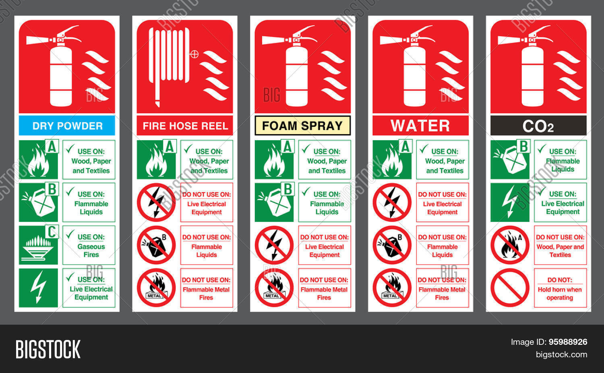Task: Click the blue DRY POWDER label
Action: pyautogui.click(x=67, y=125)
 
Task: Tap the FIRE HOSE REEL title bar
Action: pyautogui.click(x=185, y=125)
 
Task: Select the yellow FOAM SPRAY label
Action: pyautogui.click(x=302, y=125)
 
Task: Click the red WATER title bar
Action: pyautogui.click(x=420, y=125)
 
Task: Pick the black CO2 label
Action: pyautogui.click(x=538, y=125)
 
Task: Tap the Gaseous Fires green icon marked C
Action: pyautogui.click(x=39, y=245)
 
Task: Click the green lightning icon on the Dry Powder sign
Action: pyautogui.click(x=38, y=288)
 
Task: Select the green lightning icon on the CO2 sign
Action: pyautogui.click(x=510, y=202)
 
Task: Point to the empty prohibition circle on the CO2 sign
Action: pyautogui.click(x=510, y=288)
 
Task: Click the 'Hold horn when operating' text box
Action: pyautogui.click(x=561, y=288)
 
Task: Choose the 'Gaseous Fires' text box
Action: pyautogui.click(x=89, y=245)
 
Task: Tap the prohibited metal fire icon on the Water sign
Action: pyautogui.click(x=392, y=288)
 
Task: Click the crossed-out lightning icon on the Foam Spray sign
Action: pyautogui.click(x=274, y=245)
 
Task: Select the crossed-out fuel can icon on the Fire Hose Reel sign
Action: pyautogui.click(x=156, y=245)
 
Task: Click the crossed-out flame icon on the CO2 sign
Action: pyautogui.click(x=510, y=245)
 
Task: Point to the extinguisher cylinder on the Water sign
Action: pyautogui.click(x=414, y=76)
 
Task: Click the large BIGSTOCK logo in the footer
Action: pyautogui.click(x=48, y=349)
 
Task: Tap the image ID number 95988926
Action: pyautogui.click(x=568, y=342)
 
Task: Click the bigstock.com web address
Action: pyautogui.click(x=561, y=354)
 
